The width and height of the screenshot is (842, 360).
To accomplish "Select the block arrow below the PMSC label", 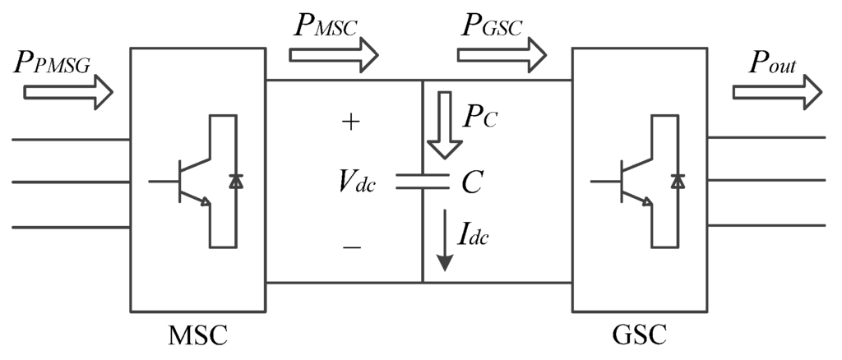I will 333,55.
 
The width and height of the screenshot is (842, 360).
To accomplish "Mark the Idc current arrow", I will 445,241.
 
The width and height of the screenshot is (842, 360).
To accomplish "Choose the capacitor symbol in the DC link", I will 422,182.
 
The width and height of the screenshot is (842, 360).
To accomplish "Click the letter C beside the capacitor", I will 470,183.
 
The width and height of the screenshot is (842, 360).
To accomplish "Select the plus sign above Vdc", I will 349,122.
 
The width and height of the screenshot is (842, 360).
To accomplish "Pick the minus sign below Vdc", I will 351,245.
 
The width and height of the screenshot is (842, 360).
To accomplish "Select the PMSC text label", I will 326,25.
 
